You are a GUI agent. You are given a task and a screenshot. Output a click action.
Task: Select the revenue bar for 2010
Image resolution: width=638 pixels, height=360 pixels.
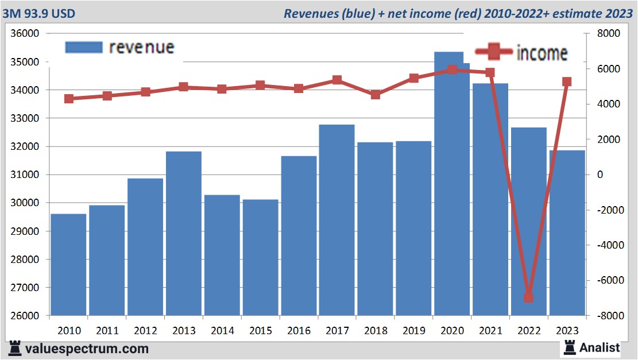(x=68, y=265)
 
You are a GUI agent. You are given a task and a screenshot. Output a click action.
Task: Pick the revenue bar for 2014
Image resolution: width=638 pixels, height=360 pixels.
(x=222, y=255)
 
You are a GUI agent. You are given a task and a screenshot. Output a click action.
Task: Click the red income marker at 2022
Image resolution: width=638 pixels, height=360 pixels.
(x=528, y=297)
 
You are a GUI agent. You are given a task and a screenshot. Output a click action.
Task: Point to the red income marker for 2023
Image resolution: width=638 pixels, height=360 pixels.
(x=567, y=82)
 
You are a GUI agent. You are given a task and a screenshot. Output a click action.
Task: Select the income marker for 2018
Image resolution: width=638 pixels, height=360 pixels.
(x=375, y=95)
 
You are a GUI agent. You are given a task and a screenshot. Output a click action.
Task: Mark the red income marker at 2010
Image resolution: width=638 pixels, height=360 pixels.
(x=69, y=99)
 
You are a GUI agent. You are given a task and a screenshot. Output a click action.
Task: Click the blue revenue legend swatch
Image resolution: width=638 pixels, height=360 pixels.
(x=84, y=47)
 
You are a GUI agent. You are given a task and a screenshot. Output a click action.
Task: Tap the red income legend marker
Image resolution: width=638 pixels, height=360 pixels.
(x=493, y=52)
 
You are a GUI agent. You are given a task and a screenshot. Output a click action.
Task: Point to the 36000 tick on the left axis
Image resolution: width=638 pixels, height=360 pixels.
(x=25, y=34)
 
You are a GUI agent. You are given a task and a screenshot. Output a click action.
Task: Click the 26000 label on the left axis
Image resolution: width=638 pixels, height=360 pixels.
(x=25, y=316)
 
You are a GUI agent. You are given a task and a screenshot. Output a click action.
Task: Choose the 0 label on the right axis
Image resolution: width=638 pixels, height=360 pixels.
(x=600, y=175)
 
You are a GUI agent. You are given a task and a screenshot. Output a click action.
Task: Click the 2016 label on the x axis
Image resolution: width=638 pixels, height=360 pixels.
(x=299, y=331)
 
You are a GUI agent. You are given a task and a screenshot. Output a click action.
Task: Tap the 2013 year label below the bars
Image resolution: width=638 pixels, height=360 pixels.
(x=184, y=331)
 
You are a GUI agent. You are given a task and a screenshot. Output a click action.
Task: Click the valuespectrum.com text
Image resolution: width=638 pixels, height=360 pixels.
(x=86, y=348)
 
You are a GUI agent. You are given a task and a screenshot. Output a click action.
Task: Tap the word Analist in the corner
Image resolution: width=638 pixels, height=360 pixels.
(x=600, y=347)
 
